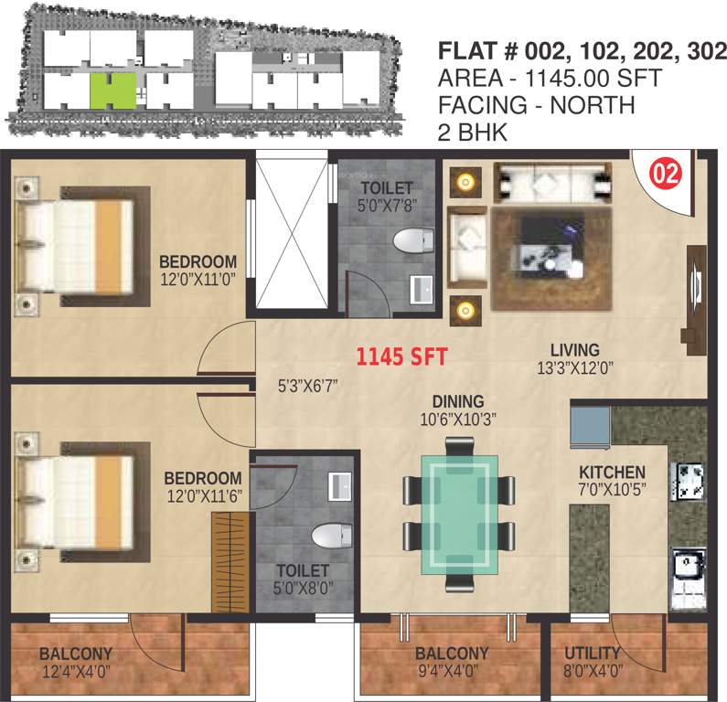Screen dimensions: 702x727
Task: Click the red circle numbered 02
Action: (x=665, y=174)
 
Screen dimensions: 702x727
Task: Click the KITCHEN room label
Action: (x=612, y=472)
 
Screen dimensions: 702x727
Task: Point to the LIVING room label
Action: (x=574, y=350)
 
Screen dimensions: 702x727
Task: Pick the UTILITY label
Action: (x=593, y=654)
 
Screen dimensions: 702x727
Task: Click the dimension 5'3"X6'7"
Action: (x=309, y=386)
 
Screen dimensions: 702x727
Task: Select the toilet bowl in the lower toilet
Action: (x=326, y=535)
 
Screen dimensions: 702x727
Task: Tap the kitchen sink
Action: (x=687, y=567)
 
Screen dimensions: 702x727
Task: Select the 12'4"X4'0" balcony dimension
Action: (x=76, y=671)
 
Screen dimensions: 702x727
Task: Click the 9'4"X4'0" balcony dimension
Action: (x=451, y=671)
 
